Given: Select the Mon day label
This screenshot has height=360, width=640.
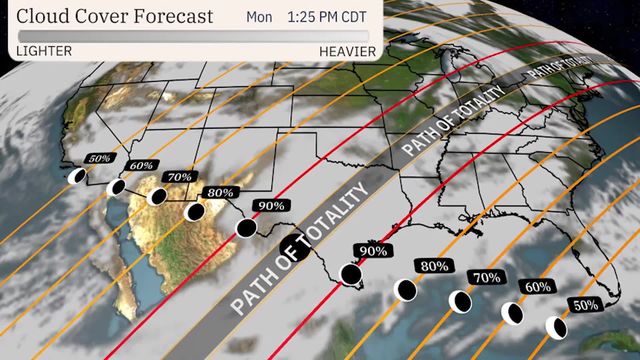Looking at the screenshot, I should coord(259,17).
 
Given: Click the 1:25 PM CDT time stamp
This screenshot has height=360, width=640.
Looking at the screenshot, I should coord(327,17).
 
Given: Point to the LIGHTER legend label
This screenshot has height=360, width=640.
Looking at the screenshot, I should coord(44,51).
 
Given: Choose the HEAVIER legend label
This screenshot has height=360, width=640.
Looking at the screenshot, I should coord(347,52).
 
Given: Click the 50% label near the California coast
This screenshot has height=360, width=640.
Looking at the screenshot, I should coord(100,158).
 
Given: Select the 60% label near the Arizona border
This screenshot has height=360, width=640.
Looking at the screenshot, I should coord(141,165).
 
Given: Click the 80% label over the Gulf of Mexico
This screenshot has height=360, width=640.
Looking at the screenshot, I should coord(434,266).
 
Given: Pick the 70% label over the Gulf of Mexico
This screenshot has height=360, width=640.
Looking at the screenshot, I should coord(487,277).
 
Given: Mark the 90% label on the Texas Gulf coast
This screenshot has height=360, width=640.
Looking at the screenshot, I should coord(373,251).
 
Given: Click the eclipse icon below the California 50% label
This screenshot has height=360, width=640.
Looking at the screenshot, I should coord(77,176).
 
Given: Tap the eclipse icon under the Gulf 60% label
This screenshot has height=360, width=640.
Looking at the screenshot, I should coord(512,313).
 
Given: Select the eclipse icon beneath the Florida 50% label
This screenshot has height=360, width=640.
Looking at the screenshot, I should coord(556,328).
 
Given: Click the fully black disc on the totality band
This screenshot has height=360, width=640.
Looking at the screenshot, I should coord(295,247).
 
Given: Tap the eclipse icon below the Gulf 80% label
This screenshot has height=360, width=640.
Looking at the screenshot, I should coord(405,290).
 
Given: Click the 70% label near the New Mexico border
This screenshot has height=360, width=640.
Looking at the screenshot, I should coord(180,177).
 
